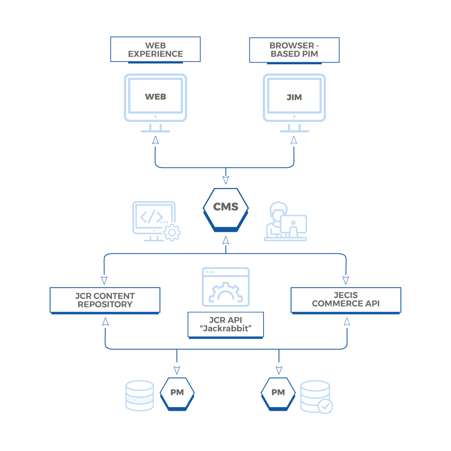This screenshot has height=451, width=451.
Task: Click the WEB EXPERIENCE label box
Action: pyautogui.click(x=155, y=49)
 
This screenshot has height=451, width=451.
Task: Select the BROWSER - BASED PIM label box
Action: pyautogui.click(x=294, y=50)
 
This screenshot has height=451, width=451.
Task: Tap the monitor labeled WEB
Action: pyautogui.click(x=155, y=98)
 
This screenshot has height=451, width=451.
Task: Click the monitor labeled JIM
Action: pyautogui.click(x=294, y=98)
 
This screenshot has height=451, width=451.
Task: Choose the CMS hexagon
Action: pyautogui.click(x=225, y=207)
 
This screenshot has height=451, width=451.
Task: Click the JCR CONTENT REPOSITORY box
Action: pyautogui.click(x=105, y=300)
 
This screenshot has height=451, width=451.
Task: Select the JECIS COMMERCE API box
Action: pyautogui.click(x=346, y=299)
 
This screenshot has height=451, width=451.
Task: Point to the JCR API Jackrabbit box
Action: pyautogui.click(x=225, y=324)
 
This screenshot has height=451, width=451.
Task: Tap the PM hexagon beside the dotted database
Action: pyautogui.click(x=177, y=393)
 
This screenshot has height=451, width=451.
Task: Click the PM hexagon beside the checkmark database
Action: pyautogui.click(x=278, y=393)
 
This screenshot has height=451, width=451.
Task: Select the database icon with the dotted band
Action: pyautogui.click(x=139, y=395)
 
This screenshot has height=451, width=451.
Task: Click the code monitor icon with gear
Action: pyautogui.click(x=155, y=221)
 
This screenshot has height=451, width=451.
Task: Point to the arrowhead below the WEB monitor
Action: pyautogui.click(x=155, y=140)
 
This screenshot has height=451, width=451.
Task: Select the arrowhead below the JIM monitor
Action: pyautogui.click(x=294, y=140)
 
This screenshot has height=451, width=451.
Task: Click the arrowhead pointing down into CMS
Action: pyautogui.click(x=225, y=180)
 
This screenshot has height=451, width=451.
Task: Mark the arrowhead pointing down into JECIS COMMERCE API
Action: pyautogui.click(x=346, y=280)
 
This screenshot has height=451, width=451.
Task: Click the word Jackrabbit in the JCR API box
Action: pyautogui.click(x=226, y=328)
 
